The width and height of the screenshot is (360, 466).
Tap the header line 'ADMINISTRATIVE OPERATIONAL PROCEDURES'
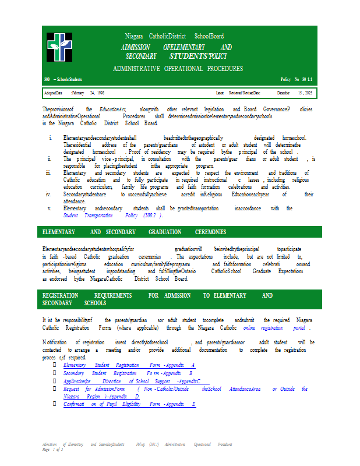178,69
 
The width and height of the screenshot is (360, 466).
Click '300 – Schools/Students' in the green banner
63,79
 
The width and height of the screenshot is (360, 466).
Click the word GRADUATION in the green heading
165,232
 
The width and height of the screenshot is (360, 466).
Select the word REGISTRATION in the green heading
61,295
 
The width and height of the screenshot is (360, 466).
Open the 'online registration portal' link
276,327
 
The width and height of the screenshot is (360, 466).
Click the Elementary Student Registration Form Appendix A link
129,365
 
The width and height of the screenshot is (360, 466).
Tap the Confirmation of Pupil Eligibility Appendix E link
129,404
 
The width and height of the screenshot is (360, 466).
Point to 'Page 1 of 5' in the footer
52,449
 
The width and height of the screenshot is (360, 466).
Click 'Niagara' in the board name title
134,36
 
